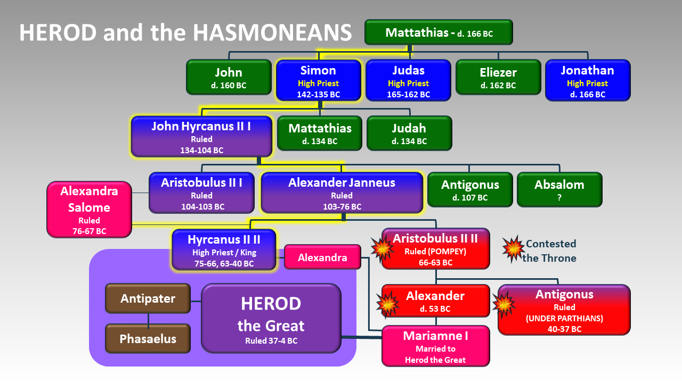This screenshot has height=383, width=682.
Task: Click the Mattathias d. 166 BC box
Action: pyautogui.click(x=439, y=32)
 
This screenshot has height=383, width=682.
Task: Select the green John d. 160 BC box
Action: pyautogui.click(x=229, y=77)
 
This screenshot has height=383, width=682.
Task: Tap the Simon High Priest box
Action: pyautogui.click(x=318, y=81)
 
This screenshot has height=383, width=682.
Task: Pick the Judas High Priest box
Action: pyautogui.click(x=408, y=81)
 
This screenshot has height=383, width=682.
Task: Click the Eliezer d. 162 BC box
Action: pyautogui.click(x=498, y=77)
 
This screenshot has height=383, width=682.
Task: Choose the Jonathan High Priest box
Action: pyautogui.click(x=587, y=81)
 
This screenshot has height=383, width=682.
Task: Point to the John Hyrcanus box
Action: pyautogui.click(x=201, y=137)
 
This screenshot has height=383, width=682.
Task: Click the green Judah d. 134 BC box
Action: pyautogui.click(x=409, y=133)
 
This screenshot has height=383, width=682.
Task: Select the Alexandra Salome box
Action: pyautogui.click(x=89, y=209)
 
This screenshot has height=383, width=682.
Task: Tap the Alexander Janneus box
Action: pyautogui.click(x=342, y=193)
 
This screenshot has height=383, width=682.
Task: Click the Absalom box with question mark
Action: pyautogui.click(x=559, y=189)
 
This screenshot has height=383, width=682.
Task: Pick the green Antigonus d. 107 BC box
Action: pyautogui.click(x=470, y=189)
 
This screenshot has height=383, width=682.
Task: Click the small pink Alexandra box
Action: pyautogui.click(x=322, y=257)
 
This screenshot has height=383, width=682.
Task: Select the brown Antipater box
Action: pyautogui.click(x=148, y=298)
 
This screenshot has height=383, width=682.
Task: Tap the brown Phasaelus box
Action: pyautogui.click(x=148, y=338)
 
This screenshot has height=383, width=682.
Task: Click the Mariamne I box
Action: pyautogui.click(x=435, y=346)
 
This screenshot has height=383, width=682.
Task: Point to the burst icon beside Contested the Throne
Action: pyautogui.click(x=513, y=248)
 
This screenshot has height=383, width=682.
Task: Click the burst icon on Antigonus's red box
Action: pyautogui.click(x=504, y=305)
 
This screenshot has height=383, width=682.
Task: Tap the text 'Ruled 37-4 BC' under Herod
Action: pyautogui.click(x=271, y=341)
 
